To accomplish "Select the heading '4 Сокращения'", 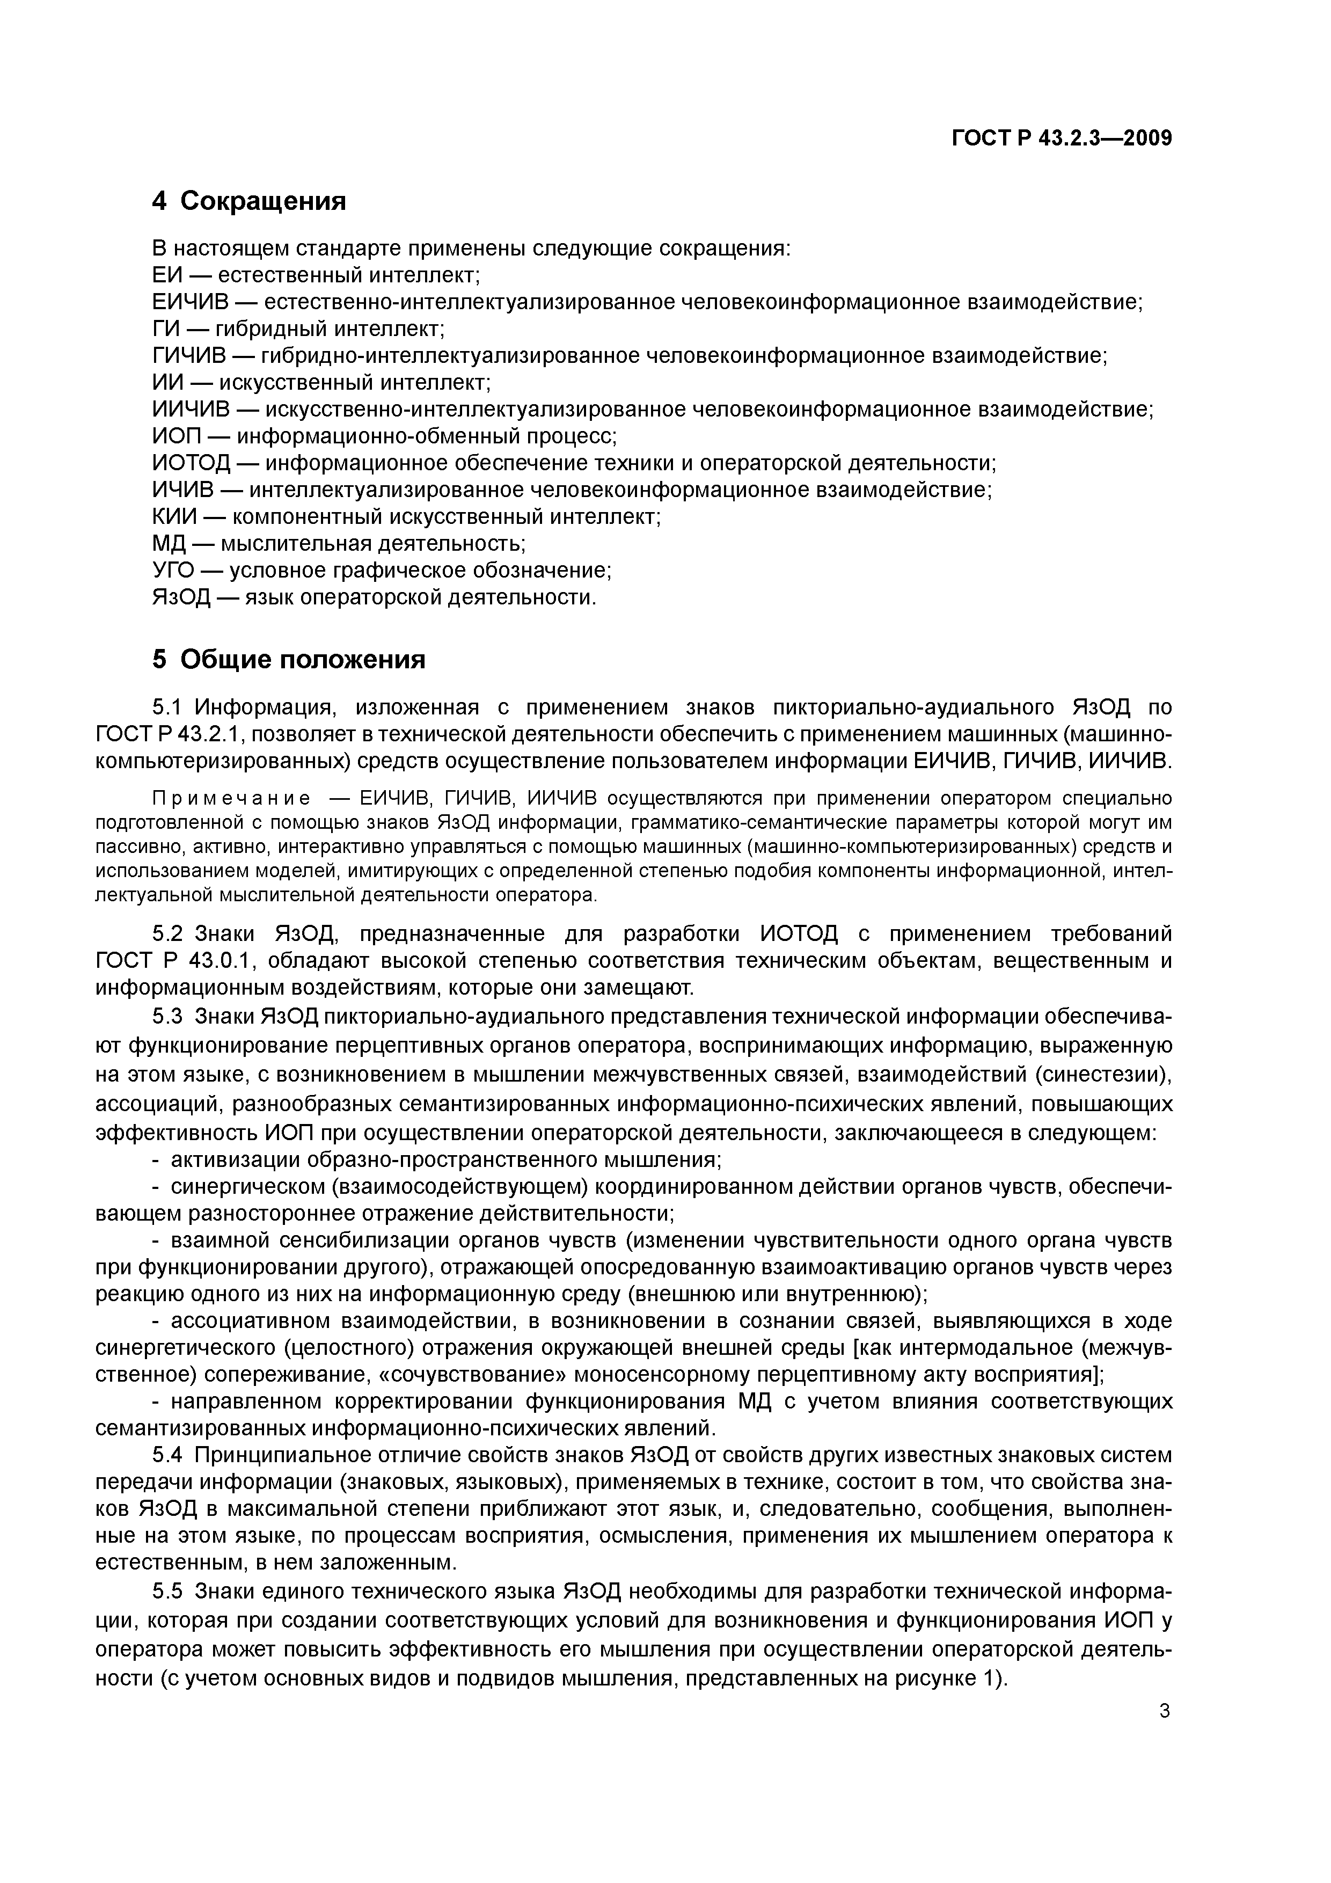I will pos(250,201).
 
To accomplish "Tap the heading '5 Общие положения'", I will pos(289,659).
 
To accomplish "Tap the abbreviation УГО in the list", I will pos(173,570).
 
